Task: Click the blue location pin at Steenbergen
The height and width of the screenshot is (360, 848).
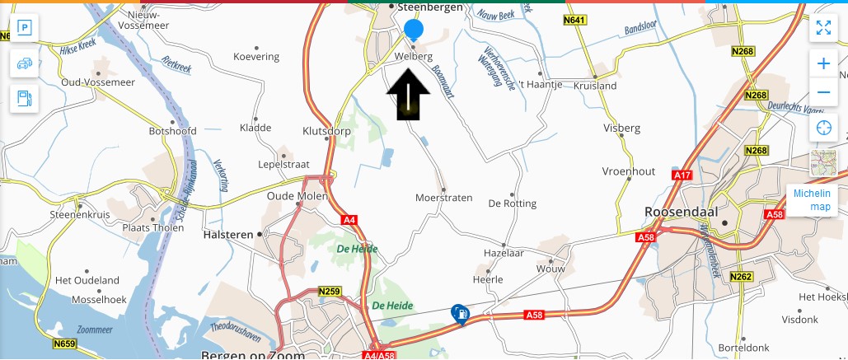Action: [x=414, y=30]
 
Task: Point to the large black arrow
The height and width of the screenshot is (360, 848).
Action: [x=408, y=94]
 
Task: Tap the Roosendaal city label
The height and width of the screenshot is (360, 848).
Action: [x=681, y=212]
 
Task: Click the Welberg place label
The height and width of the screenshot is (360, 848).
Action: [x=414, y=56]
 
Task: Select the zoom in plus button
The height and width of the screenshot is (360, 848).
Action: [x=822, y=63]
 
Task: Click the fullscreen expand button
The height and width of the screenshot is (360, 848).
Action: [x=822, y=28]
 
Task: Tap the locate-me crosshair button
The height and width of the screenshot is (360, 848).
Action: [x=822, y=128]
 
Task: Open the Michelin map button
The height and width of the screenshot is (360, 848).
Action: [x=812, y=199]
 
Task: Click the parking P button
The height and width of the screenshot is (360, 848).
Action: [x=25, y=29]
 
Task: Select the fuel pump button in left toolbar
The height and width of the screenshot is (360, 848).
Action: [x=25, y=98]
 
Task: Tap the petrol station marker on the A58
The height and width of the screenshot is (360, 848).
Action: [x=460, y=314]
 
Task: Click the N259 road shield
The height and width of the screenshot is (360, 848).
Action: [x=329, y=292]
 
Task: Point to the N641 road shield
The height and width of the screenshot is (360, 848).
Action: [x=576, y=20]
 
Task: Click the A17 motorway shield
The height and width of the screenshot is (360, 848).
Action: [x=682, y=175]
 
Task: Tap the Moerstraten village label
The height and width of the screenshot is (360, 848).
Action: [x=443, y=199]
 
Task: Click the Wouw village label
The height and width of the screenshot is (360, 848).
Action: [x=550, y=269]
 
